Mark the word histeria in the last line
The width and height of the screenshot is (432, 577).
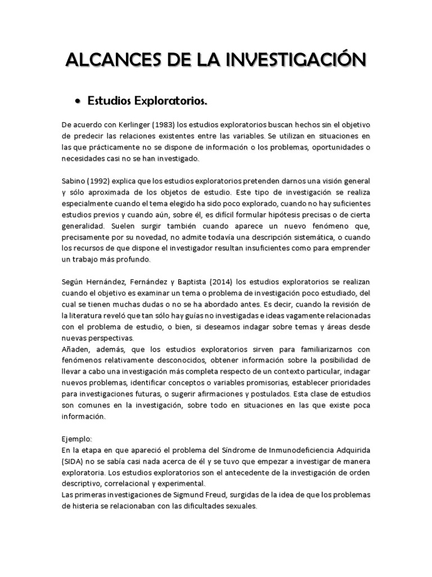(x=84, y=506)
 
